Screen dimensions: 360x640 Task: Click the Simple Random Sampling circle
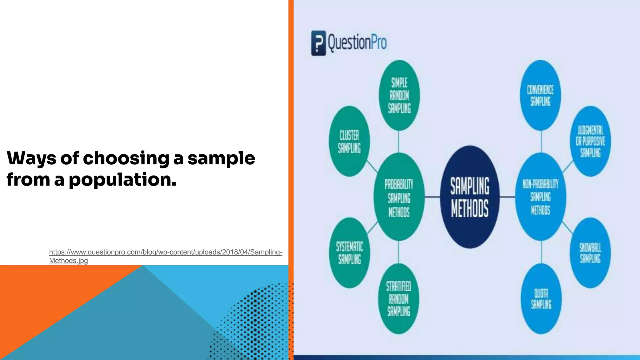point(399,95)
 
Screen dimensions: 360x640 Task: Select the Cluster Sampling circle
point(349,141)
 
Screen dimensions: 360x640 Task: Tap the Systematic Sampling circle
point(349,253)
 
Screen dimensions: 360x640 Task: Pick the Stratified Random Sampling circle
point(398,299)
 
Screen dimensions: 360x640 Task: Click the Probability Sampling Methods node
point(399,197)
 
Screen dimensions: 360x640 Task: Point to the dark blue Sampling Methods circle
point(469,197)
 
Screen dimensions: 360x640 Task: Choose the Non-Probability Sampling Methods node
point(540,197)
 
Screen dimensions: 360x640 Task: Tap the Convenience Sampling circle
point(540,95)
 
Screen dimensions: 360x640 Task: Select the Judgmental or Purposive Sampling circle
point(590,141)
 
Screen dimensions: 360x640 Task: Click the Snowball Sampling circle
point(590,253)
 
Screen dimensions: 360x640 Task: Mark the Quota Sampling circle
point(541,299)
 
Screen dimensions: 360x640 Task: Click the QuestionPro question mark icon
point(318,43)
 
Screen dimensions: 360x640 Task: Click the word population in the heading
point(122,180)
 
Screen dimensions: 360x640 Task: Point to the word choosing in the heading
point(126,158)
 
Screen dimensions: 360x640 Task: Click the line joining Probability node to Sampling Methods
point(432,197)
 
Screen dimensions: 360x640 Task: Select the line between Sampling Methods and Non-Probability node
point(507,197)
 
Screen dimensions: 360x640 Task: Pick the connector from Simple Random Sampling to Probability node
point(398,142)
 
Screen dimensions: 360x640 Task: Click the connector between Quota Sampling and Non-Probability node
point(541,252)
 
